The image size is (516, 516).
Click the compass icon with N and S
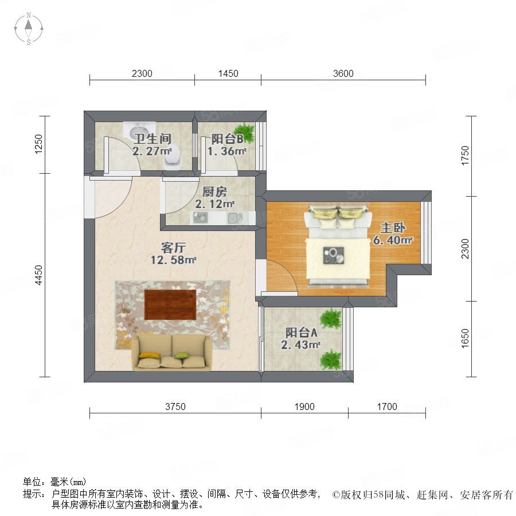coord(29,29)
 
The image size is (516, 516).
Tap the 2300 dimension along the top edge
coord(142,73)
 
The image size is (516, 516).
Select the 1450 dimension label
coord(228,73)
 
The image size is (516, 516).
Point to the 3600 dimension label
coord(343,73)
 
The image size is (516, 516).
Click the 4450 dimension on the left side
coord(39,275)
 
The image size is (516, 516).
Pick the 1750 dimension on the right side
coord(464,155)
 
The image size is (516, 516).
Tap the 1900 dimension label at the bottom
coord(304,406)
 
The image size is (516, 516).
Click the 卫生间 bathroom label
coord(153,139)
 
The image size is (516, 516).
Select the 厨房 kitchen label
coord(214,191)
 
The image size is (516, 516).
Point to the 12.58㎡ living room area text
coord(173,260)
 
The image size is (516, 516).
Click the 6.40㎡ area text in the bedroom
coord(393,240)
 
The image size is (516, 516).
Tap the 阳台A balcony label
coord(301,333)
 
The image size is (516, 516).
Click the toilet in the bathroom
coord(173,160)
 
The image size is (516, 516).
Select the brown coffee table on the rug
coord(170,305)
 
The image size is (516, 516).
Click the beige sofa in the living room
coord(171,353)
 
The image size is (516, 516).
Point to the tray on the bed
coord(333,255)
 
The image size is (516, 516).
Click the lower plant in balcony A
coord(331,359)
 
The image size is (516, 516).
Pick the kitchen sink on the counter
coord(235,217)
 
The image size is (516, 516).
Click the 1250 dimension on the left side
coord(39,144)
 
